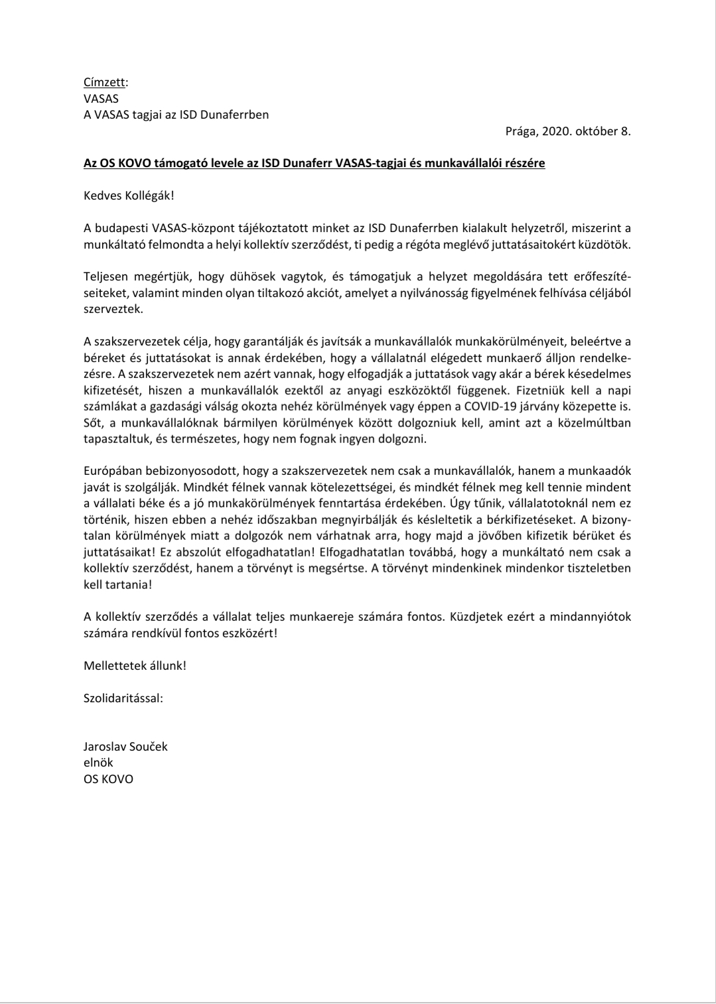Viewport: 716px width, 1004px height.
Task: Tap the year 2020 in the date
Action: (555, 131)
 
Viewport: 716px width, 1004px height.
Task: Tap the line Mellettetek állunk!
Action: (135, 664)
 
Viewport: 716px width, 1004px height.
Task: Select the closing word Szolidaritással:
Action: (123, 697)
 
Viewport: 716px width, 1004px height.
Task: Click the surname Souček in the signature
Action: (150, 746)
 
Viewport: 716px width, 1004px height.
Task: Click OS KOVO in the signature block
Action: (108, 779)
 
